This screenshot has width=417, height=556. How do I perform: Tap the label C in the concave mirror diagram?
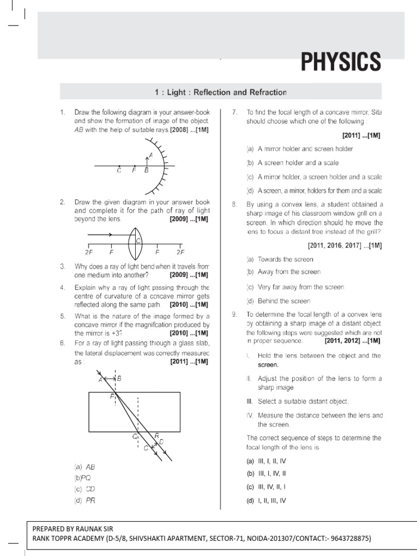pos(119,170)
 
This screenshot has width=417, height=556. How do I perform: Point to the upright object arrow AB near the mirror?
pos(146,159)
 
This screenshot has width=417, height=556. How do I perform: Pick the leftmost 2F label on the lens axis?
pos(88,252)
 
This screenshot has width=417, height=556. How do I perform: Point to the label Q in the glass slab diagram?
pos(135,435)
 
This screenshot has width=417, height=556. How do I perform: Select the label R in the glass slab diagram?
pos(157,435)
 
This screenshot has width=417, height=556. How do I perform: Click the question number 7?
pos(234,112)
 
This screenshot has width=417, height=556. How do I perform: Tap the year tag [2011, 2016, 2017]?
pos(337,245)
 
